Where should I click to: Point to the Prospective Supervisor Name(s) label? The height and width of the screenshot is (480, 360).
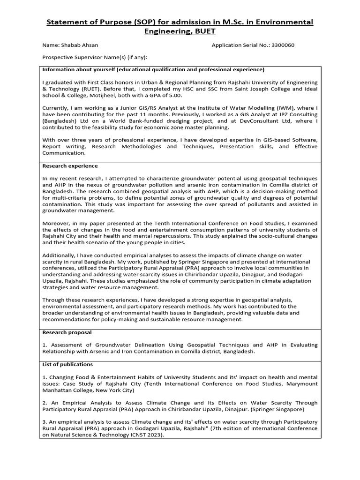95,58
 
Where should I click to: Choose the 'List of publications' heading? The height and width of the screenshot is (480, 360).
67,364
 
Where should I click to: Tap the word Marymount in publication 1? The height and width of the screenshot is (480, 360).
301,383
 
